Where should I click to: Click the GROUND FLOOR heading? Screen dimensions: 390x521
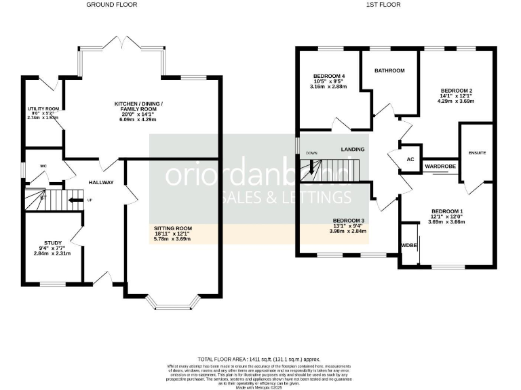(x=111, y=4)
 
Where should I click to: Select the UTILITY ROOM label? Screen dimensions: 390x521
(x=43, y=108)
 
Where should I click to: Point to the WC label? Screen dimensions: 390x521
(x=43, y=166)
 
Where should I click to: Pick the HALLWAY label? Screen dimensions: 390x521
(x=100, y=183)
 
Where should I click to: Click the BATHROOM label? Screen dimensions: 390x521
(x=389, y=70)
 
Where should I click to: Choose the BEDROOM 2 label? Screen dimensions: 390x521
(x=456, y=90)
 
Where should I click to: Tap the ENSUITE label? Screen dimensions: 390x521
(x=477, y=153)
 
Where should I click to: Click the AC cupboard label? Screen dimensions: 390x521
(x=410, y=159)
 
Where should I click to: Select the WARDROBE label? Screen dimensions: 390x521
(x=440, y=165)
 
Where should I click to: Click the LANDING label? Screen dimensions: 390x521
(x=353, y=149)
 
